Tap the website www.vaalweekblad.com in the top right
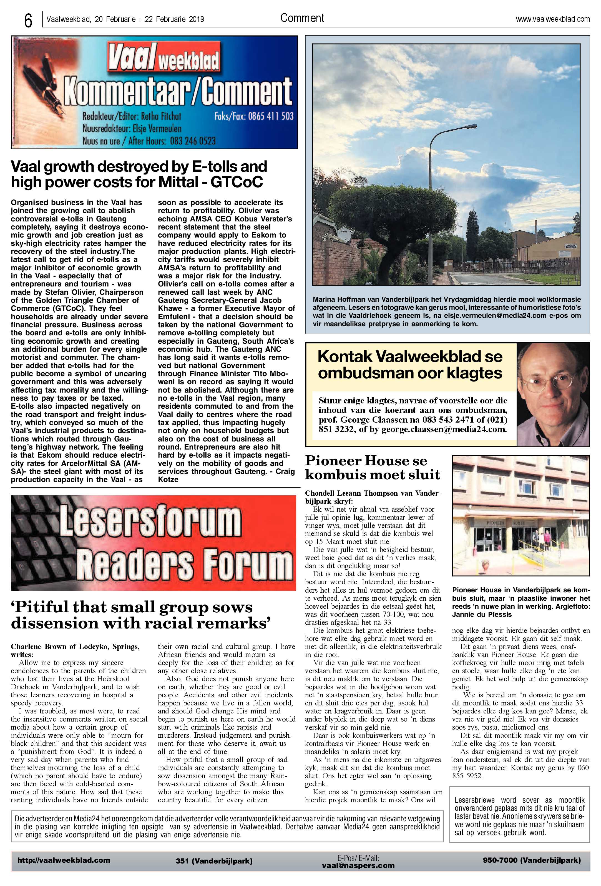coord(553,19)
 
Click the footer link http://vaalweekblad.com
coord(64,860)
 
